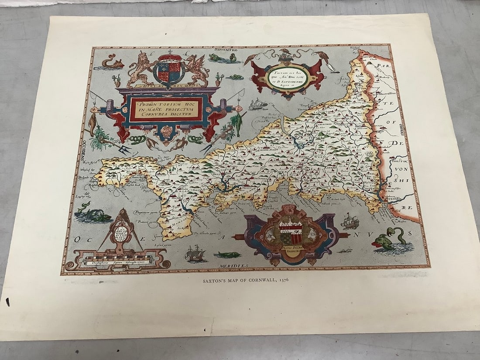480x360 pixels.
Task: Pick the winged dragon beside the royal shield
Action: [197, 70]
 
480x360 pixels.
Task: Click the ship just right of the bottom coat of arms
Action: [350, 222]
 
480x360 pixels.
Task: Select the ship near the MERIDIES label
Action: [195, 254]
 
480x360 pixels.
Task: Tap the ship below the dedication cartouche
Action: [257, 105]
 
